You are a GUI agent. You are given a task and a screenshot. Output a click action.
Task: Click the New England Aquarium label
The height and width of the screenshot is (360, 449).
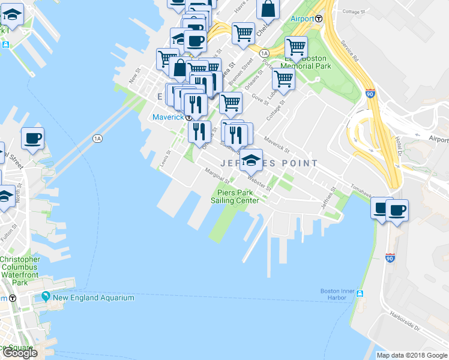click(x=93, y=298)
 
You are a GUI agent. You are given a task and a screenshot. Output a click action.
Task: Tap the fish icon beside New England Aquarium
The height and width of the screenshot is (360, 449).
click(x=46, y=297)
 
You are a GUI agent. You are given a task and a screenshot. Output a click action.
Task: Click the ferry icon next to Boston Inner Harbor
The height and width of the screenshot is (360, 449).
click(x=360, y=294)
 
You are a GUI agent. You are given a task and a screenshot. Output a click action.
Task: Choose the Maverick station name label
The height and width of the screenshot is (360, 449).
click(x=167, y=117)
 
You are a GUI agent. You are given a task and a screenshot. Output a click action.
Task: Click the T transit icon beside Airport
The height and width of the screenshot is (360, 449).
click(x=319, y=19)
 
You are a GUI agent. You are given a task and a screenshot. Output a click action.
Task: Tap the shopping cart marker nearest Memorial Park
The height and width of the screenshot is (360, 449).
click(x=297, y=46)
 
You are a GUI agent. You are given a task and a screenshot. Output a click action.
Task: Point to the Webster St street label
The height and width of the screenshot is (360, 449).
click(x=260, y=181)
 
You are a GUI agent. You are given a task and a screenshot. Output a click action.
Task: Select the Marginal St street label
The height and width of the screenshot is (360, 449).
click(x=217, y=175)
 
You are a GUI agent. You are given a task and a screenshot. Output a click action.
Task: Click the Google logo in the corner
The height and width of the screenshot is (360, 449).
click(x=19, y=353)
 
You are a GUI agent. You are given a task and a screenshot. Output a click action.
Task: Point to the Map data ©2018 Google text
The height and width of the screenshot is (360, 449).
click(x=412, y=355)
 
